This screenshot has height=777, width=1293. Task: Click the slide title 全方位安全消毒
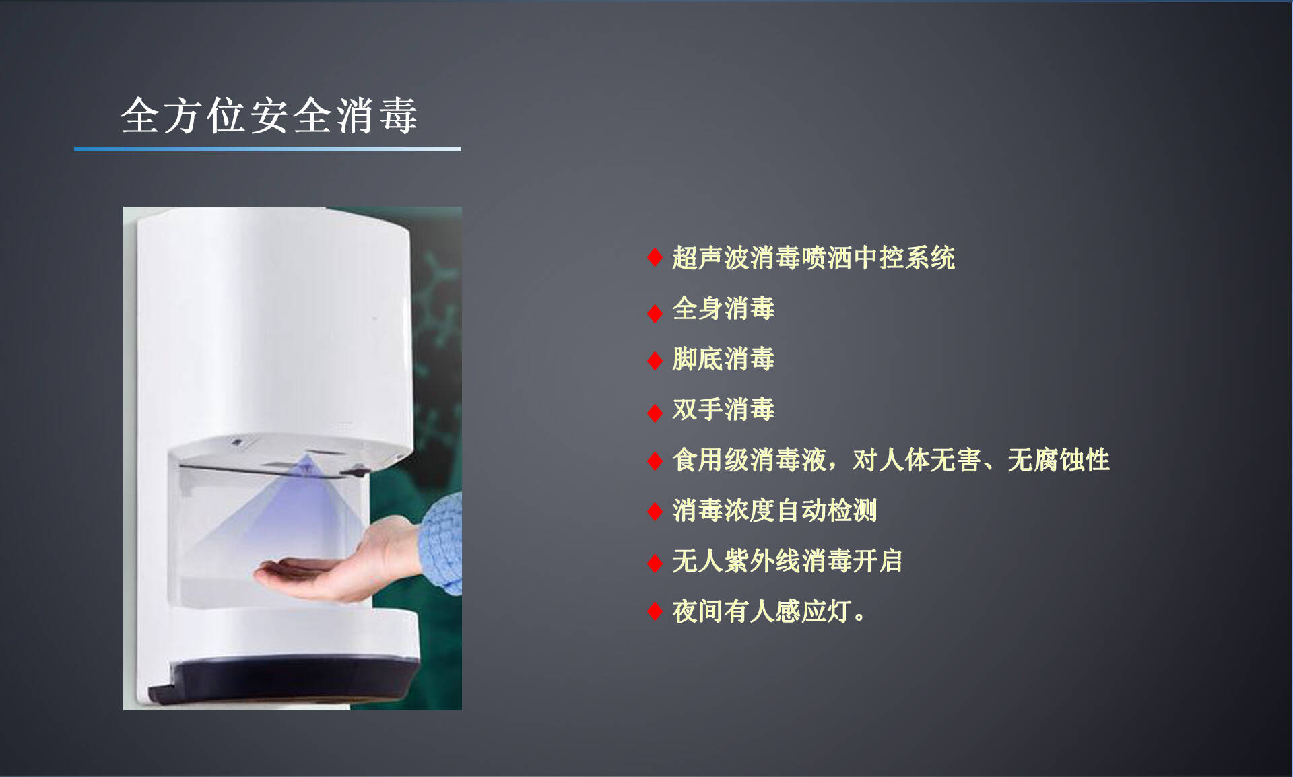pyautogui.click(x=269, y=115)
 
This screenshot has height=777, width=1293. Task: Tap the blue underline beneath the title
pyautogui.click(x=267, y=149)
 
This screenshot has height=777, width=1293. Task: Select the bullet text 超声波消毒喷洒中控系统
pyautogui.click(x=814, y=258)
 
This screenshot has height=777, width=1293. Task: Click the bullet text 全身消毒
pyautogui.click(x=723, y=308)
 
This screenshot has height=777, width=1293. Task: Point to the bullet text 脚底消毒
pyautogui.click(x=723, y=359)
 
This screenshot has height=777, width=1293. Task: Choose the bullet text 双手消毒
pyautogui.click(x=723, y=409)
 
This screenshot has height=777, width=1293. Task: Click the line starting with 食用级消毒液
pyautogui.click(x=891, y=460)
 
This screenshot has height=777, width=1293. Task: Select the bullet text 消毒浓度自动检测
pyautogui.click(x=774, y=510)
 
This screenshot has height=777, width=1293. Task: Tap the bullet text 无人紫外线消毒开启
pyautogui.click(x=787, y=561)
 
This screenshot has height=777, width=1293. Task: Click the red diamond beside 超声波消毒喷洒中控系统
pyautogui.click(x=655, y=257)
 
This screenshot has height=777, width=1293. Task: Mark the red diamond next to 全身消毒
pyautogui.click(x=655, y=313)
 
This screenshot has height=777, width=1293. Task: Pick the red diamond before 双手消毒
pyautogui.click(x=655, y=413)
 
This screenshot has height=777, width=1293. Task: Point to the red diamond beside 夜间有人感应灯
pyautogui.click(x=655, y=611)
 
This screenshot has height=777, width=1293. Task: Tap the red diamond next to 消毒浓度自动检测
pyautogui.click(x=655, y=512)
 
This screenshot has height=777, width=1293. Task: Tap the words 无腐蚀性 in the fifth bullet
pyautogui.click(x=1059, y=460)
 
